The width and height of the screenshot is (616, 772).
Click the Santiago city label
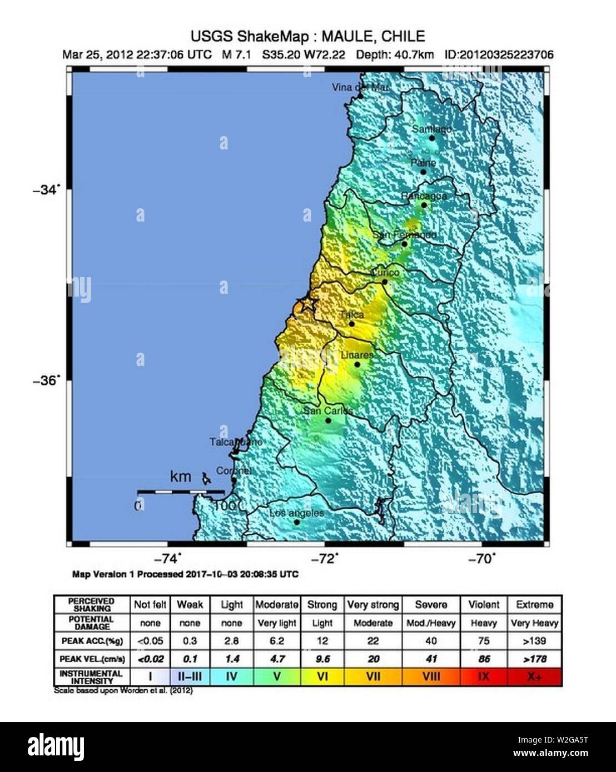click(431, 129)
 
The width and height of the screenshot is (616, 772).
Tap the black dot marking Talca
click(351, 324)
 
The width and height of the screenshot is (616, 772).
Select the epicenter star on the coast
click(306, 305)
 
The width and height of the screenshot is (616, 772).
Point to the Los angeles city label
click(296, 513)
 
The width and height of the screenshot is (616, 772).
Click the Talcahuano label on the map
click(236, 442)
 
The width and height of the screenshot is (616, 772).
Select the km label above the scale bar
click(181, 477)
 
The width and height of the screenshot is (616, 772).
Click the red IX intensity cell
click(484, 677)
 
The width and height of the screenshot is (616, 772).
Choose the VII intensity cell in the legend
click(373, 677)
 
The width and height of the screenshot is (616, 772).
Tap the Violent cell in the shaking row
click(484, 604)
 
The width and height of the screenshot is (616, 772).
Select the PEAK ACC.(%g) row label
click(92, 641)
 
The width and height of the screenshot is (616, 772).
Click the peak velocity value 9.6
click(322, 659)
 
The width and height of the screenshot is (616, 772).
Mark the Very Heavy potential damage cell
click(534, 623)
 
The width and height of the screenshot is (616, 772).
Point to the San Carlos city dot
click(328, 420)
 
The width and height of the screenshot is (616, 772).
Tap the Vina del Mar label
click(360, 87)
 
